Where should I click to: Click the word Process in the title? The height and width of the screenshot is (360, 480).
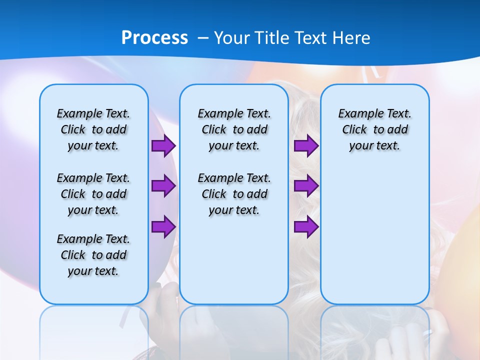(154, 37)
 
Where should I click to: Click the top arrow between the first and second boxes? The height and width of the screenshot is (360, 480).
(163, 146)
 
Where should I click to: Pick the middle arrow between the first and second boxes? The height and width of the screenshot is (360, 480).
(163, 186)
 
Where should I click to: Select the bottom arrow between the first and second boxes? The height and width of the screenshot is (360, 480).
(163, 226)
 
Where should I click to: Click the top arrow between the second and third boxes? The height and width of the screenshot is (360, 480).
(306, 146)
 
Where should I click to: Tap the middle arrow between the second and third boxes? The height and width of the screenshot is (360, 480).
(306, 186)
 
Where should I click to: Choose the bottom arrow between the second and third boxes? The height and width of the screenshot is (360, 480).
(306, 226)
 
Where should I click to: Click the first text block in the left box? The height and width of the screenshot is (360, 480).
(93, 129)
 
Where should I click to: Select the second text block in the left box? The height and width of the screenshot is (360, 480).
(93, 194)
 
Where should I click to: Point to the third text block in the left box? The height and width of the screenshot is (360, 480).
(93, 255)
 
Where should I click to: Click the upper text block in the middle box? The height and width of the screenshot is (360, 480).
(234, 129)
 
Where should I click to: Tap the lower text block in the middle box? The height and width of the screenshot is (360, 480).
(234, 194)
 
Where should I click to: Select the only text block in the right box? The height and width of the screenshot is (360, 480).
(374, 129)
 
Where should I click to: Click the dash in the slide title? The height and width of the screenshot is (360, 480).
(203, 38)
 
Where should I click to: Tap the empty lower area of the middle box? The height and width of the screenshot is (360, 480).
(234, 260)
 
